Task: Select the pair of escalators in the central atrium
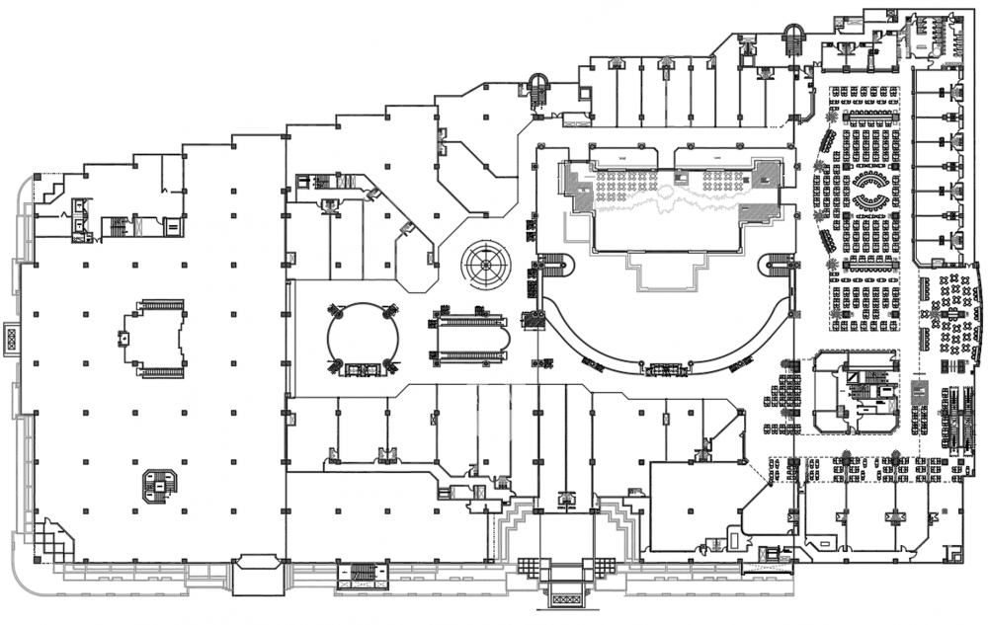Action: [469, 337]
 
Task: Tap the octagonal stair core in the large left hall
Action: [158, 484]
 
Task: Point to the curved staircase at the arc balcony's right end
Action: [781, 264]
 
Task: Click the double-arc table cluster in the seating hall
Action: [871, 190]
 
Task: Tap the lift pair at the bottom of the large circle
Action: [363, 369]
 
